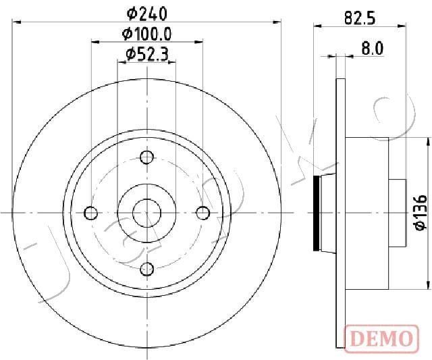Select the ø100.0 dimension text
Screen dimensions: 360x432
click(x=146, y=33)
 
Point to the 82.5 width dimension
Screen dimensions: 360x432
click(x=359, y=18)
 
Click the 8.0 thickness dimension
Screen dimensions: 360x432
click(x=372, y=48)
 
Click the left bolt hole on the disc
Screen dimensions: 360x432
click(x=91, y=213)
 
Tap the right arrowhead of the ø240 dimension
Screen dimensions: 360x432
click(x=276, y=22)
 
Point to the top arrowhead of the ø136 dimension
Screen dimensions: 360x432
click(x=429, y=140)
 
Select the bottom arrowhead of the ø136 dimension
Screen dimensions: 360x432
click(x=429, y=286)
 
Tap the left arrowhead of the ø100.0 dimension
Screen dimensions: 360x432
click(x=95, y=42)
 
